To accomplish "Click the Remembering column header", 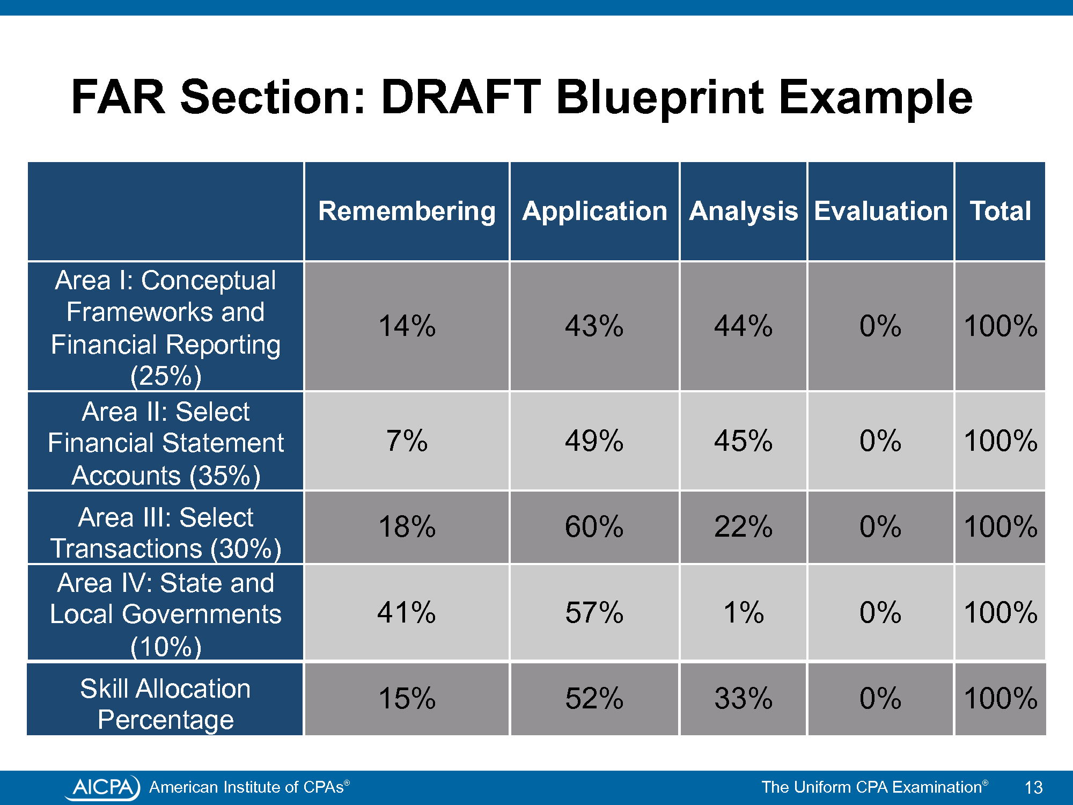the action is [407, 211].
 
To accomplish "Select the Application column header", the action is [594, 211].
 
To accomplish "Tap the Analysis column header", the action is [744, 211].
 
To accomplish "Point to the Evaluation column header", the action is [881, 211].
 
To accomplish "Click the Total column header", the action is [1000, 211].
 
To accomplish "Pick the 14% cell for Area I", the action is [407, 326].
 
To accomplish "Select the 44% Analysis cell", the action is [744, 326].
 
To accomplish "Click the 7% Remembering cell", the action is [407, 441].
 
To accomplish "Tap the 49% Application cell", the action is [594, 441].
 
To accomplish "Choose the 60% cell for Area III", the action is [594, 526].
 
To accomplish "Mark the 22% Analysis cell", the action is [744, 526].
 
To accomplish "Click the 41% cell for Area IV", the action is [407, 612].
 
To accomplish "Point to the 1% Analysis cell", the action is [744, 612].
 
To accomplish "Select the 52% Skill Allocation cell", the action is [594, 699].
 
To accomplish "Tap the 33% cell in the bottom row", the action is [744, 699].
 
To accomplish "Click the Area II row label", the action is [166, 443].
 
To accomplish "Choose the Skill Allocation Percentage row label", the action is [166, 704].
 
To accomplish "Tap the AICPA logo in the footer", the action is [102, 787].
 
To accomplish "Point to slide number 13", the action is [1033, 787].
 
